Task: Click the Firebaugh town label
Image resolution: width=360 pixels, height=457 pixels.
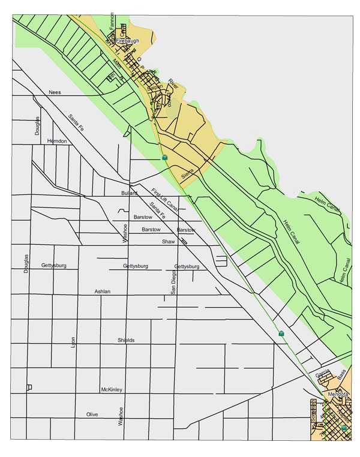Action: [x=127, y=41]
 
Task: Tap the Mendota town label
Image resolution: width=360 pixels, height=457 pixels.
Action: [x=338, y=394]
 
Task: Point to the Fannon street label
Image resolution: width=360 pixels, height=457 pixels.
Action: [x=112, y=21]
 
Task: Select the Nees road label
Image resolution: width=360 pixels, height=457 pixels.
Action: [x=55, y=93]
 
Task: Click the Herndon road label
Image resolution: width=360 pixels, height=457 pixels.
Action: [x=57, y=141]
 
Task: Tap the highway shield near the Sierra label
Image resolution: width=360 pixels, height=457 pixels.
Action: [x=164, y=157]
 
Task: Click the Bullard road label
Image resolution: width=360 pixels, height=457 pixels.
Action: [x=130, y=193]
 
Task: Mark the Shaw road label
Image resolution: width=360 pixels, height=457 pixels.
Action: [x=167, y=241]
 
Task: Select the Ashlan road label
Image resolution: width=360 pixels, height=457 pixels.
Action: [x=103, y=291]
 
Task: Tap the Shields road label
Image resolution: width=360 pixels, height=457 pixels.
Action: [x=126, y=340]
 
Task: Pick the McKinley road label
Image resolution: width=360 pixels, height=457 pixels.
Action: [x=112, y=390]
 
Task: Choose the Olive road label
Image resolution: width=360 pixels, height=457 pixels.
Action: [x=92, y=414]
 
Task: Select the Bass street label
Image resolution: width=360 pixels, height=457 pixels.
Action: [x=341, y=375]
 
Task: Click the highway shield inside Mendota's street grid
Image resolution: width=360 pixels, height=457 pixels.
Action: [x=344, y=428]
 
